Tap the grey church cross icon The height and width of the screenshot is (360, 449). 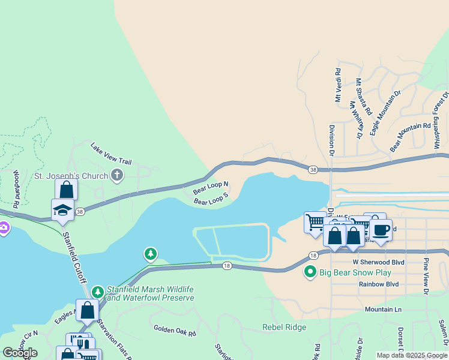tap(117, 176)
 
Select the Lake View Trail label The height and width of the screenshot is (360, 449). tap(110, 154)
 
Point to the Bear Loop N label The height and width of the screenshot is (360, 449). tap(211, 187)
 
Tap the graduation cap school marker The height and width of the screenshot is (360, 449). tap(62, 210)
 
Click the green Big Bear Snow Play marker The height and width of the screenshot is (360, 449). tap(310, 272)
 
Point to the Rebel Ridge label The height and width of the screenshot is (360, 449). tap(284, 327)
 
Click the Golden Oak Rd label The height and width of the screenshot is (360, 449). tap(175, 329)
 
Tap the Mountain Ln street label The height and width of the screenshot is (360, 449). tap(383, 309)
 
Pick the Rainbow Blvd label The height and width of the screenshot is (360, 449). tap(379, 284)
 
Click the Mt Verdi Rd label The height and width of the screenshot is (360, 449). tap(339, 85)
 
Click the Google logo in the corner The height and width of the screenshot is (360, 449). tap(20, 353)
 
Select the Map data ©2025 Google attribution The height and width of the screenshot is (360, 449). tap(411, 355)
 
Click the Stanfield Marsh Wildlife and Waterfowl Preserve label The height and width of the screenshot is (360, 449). tap(151, 293)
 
